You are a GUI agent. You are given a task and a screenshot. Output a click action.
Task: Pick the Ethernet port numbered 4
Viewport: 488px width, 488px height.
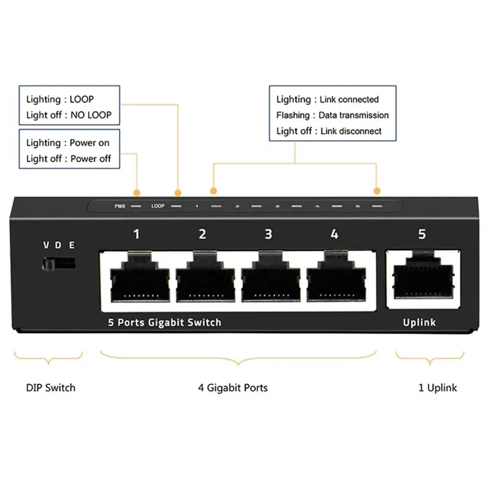(x=333, y=278)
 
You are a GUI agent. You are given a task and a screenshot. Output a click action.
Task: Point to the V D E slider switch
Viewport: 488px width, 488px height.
(x=59, y=264)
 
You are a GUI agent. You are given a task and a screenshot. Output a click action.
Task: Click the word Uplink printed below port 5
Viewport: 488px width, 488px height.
(x=420, y=322)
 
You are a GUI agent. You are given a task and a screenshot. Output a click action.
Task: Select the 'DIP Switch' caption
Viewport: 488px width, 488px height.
(x=51, y=387)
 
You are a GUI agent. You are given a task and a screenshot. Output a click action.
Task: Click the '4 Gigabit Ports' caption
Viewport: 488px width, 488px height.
(x=232, y=387)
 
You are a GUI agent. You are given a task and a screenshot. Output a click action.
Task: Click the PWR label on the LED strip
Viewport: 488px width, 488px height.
(x=120, y=206)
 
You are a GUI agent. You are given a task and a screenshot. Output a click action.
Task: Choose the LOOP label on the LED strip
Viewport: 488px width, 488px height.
(x=158, y=206)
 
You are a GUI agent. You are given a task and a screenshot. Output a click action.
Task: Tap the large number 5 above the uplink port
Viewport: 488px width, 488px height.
(x=422, y=234)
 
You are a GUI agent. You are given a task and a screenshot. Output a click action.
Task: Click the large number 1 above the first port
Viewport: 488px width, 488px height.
(x=137, y=234)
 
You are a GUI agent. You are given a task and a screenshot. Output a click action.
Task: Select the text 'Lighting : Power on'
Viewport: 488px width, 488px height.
(x=68, y=143)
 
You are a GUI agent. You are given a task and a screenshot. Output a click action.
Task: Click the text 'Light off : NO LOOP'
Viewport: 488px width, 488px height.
(x=69, y=114)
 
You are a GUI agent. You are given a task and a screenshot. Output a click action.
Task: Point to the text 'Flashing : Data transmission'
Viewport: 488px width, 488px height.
(x=332, y=115)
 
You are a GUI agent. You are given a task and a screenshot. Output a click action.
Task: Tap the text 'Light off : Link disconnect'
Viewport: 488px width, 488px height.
(x=329, y=131)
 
